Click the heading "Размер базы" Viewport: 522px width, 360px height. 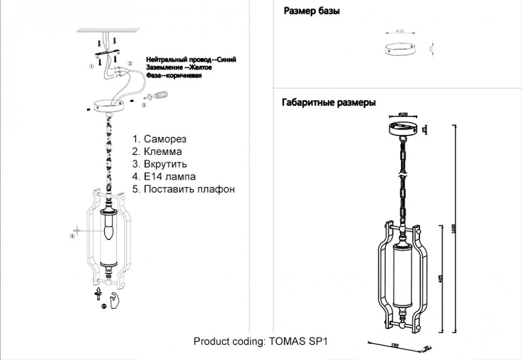tap(311, 11)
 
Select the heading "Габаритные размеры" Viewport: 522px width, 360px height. tap(328, 103)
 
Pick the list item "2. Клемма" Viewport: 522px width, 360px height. tap(157, 151)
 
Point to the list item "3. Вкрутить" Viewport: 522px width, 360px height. tap(159, 164)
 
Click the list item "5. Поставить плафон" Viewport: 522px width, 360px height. tap(184, 189)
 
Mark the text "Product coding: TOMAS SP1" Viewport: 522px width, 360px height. tap(260, 341)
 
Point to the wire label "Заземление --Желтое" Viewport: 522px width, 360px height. tap(179, 68)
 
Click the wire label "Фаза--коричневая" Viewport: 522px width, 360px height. tap(174, 76)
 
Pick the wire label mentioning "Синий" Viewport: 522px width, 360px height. tap(191, 60)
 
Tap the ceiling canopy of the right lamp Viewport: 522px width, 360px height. tap(404, 128)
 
